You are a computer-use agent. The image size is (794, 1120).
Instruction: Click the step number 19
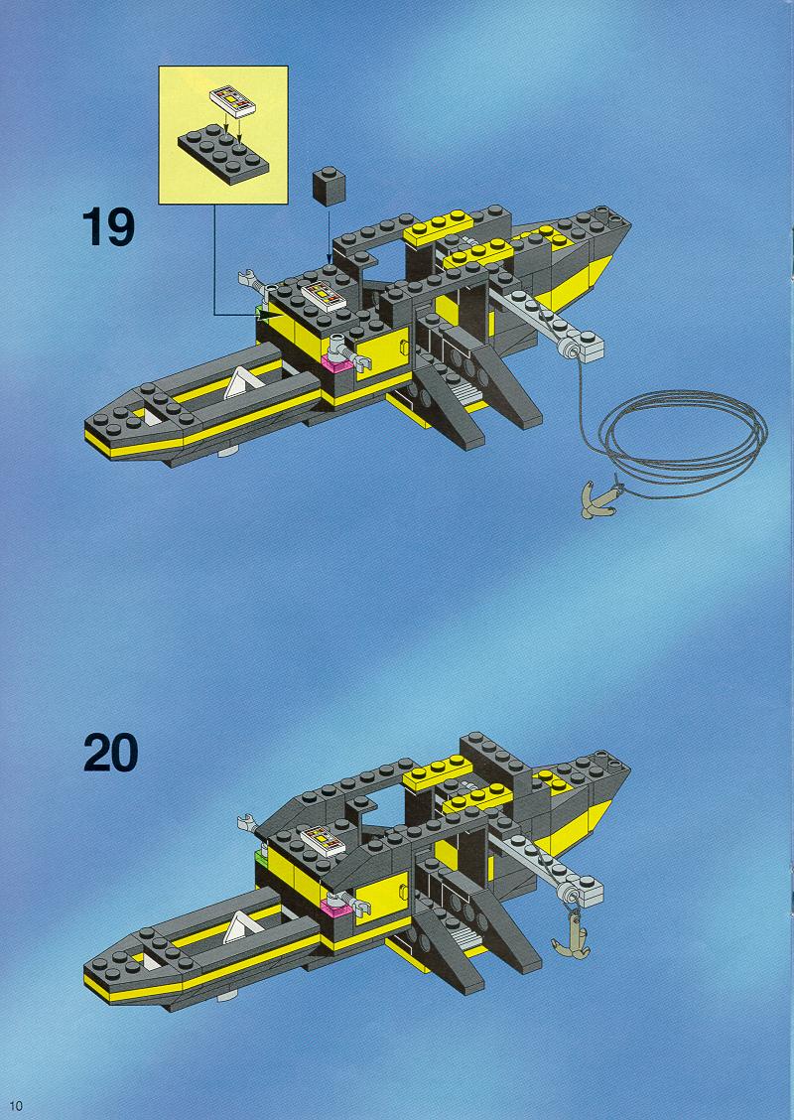108,226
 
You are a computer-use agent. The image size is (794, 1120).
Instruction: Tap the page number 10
16,1106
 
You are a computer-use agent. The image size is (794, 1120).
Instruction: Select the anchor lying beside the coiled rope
601,498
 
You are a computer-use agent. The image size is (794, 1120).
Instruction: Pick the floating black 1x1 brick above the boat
329,186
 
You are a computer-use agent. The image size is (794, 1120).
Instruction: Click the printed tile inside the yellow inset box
232,100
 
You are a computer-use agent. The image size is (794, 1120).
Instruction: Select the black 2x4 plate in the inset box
222,154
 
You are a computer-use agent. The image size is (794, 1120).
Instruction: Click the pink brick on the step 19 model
335,363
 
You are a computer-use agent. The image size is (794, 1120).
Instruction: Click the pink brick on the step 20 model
335,908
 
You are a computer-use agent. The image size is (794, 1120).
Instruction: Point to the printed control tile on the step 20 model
323,841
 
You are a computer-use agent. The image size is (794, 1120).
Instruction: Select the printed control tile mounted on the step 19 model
324,297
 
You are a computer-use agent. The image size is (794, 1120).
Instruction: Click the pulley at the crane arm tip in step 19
570,350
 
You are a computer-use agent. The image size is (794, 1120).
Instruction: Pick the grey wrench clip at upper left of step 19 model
253,280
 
